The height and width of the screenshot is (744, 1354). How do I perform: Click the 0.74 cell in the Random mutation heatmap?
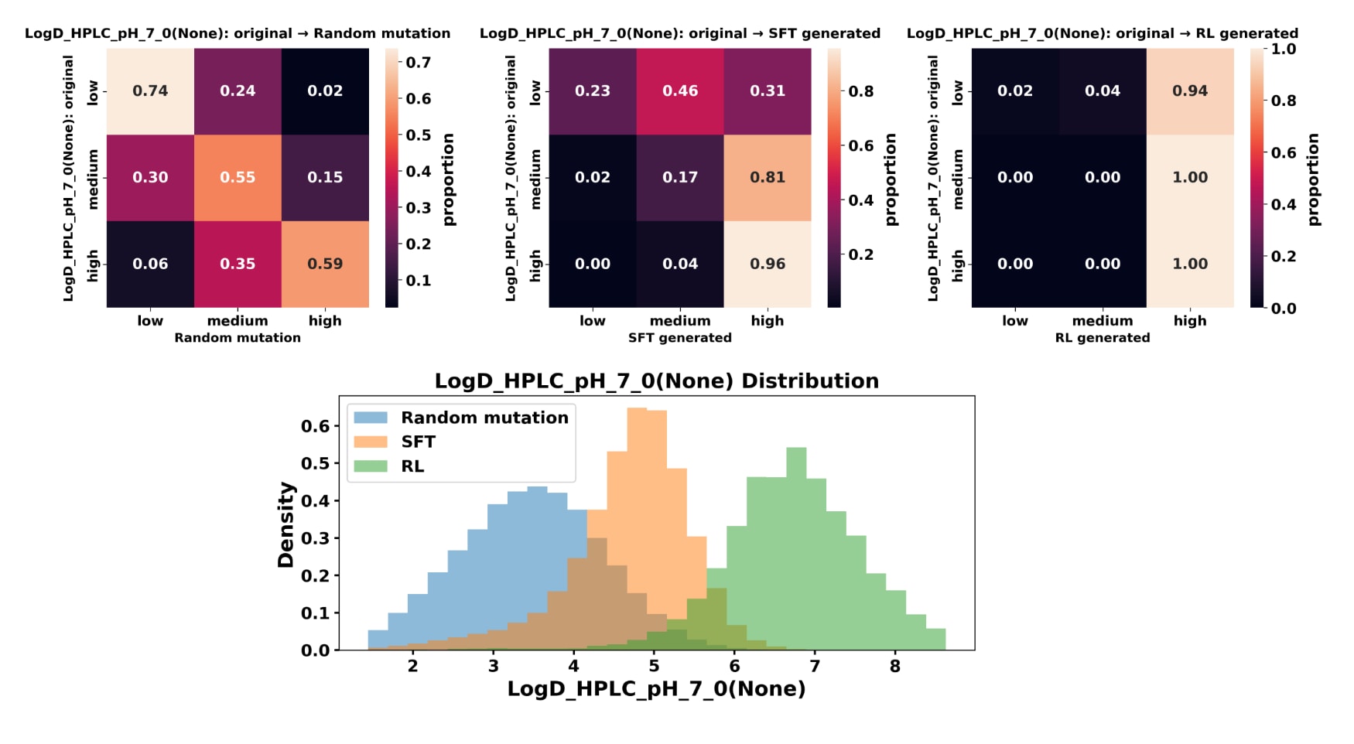(x=150, y=91)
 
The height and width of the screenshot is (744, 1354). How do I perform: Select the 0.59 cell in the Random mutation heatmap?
(x=325, y=264)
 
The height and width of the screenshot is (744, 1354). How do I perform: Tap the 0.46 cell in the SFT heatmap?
(x=680, y=91)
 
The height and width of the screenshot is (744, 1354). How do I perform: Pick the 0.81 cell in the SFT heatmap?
(x=768, y=177)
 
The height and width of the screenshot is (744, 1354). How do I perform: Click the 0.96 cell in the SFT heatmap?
(x=768, y=264)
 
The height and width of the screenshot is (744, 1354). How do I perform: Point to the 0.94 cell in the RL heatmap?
(x=1190, y=91)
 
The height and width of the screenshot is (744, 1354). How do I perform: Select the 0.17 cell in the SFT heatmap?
(x=680, y=177)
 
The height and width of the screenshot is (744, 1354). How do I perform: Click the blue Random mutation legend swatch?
(x=371, y=418)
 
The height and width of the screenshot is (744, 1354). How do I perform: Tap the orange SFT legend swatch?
(x=371, y=442)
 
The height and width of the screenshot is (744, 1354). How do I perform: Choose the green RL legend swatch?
(x=371, y=466)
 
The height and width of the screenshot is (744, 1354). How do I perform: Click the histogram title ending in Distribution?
(x=656, y=381)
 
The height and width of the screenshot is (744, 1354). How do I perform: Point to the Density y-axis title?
(x=286, y=525)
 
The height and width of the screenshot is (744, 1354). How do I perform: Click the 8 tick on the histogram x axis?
(x=895, y=667)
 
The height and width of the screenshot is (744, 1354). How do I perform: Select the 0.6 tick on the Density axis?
(x=315, y=426)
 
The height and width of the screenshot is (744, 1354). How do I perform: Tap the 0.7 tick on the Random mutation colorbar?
(x=419, y=63)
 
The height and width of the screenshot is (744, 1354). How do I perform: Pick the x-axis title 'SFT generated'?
(x=679, y=338)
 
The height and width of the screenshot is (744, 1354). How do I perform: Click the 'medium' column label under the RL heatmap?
(x=1103, y=321)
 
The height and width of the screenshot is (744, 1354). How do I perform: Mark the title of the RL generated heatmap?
(x=1102, y=33)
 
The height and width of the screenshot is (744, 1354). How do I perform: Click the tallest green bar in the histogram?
(x=796, y=549)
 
